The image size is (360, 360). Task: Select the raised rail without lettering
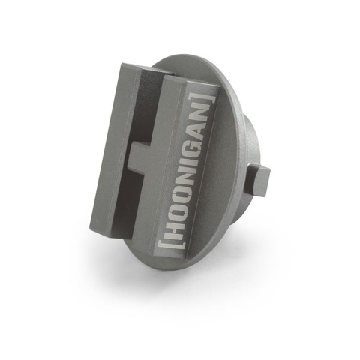coord(112,150)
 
